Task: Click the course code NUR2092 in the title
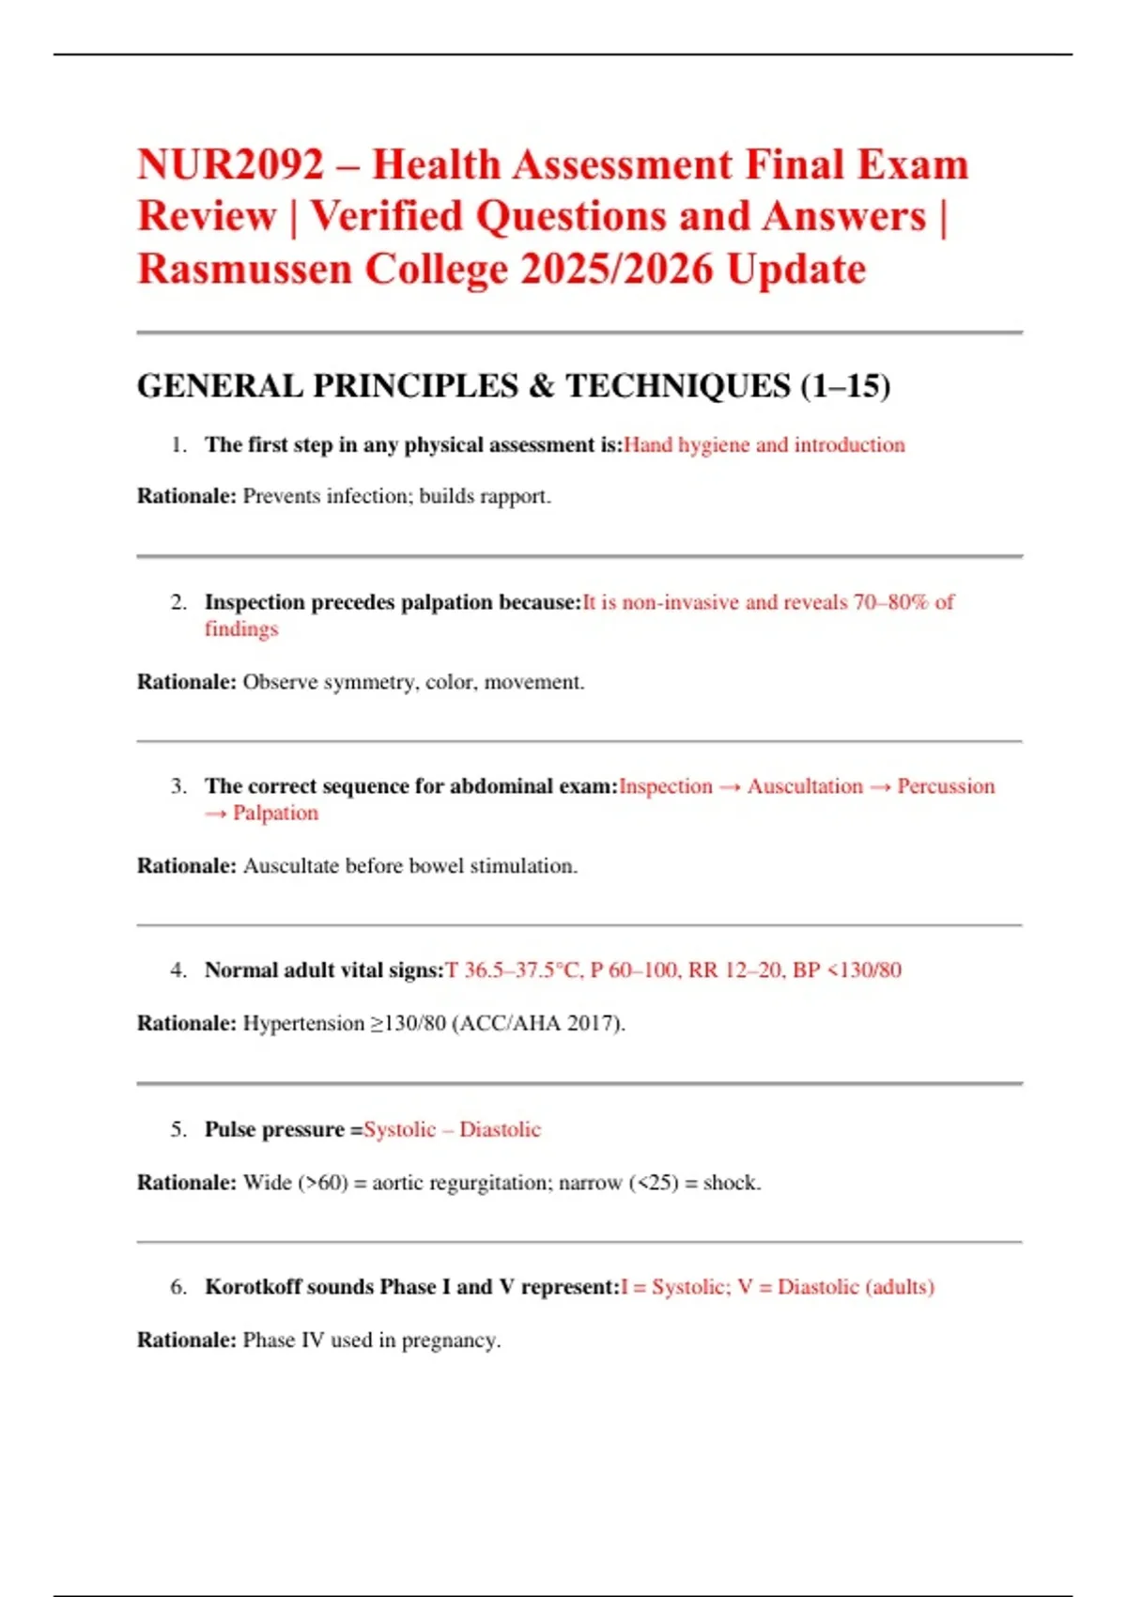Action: click(x=230, y=165)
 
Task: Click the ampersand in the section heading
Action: click(x=541, y=386)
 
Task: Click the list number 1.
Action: click(x=178, y=445)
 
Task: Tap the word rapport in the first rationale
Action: click(x=516, y=496)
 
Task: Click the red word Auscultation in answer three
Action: click(x=805, y=786)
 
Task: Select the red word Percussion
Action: click(x=946, y=786)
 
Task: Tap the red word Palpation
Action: click(x=275, y=814)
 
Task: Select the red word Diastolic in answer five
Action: click(x=500, y=1130)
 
